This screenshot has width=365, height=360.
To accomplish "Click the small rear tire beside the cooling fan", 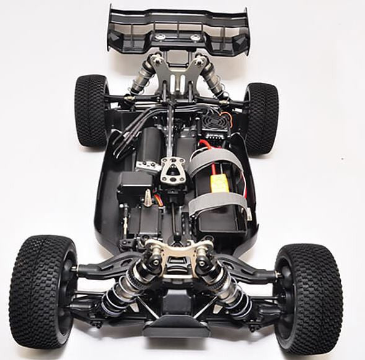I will click(x=260, y=117).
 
